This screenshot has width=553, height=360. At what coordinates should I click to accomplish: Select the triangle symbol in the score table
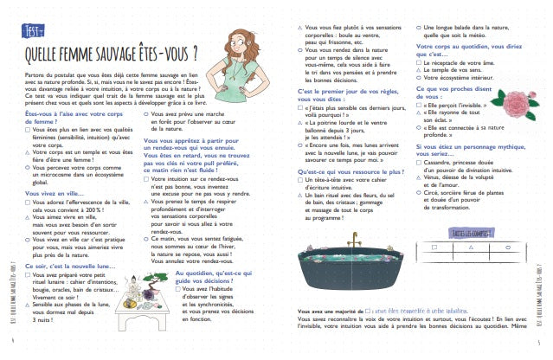pos(471,246)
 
